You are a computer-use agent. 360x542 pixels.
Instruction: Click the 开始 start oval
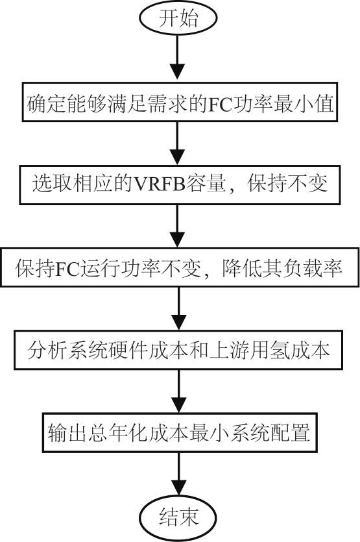pos(178,18)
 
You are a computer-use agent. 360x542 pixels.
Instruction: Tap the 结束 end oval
pos(178,517)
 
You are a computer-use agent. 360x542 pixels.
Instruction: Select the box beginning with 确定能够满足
pos(180,102)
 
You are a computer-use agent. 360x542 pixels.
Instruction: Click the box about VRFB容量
pos(180,185)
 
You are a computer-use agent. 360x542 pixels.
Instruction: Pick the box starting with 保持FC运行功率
pos(180,267)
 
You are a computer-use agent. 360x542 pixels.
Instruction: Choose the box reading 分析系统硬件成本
pos(178,350)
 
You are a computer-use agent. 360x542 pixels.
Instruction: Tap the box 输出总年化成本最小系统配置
pos(180,432)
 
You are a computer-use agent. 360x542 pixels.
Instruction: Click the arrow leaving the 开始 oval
pos(178,58)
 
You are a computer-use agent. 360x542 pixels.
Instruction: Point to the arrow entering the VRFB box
pos(178,143)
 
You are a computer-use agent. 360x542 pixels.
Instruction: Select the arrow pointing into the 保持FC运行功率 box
pos(178,226)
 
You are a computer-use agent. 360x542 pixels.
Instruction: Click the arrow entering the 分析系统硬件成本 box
pos(178,308)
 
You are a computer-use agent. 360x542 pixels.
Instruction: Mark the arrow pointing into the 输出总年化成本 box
pos(178,391)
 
